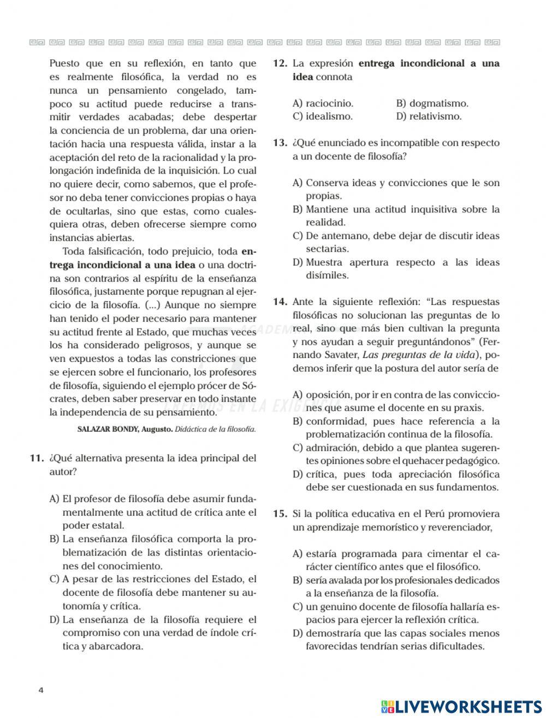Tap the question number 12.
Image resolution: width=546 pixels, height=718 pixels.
(280, 63)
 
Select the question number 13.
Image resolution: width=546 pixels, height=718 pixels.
(280, 143)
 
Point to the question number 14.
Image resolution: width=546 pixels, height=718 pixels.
(280, 302)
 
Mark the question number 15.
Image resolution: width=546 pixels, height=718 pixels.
(280, 514)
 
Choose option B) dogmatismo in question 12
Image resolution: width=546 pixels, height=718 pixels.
(432, 103)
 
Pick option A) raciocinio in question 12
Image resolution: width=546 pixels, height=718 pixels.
(323, 103)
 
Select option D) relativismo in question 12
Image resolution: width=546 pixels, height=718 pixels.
(429, 116)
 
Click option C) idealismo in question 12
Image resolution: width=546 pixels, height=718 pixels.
(322, 116)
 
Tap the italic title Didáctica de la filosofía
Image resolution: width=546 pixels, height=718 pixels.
(215, 429)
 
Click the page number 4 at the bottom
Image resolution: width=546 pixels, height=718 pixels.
(41, 690)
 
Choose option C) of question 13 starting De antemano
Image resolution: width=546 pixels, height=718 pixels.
(396, 242)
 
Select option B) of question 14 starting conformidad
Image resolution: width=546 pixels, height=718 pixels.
(396, 428)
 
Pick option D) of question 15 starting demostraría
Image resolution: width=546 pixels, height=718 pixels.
(396, 640)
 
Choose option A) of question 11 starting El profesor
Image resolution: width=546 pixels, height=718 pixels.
(153, 512)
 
